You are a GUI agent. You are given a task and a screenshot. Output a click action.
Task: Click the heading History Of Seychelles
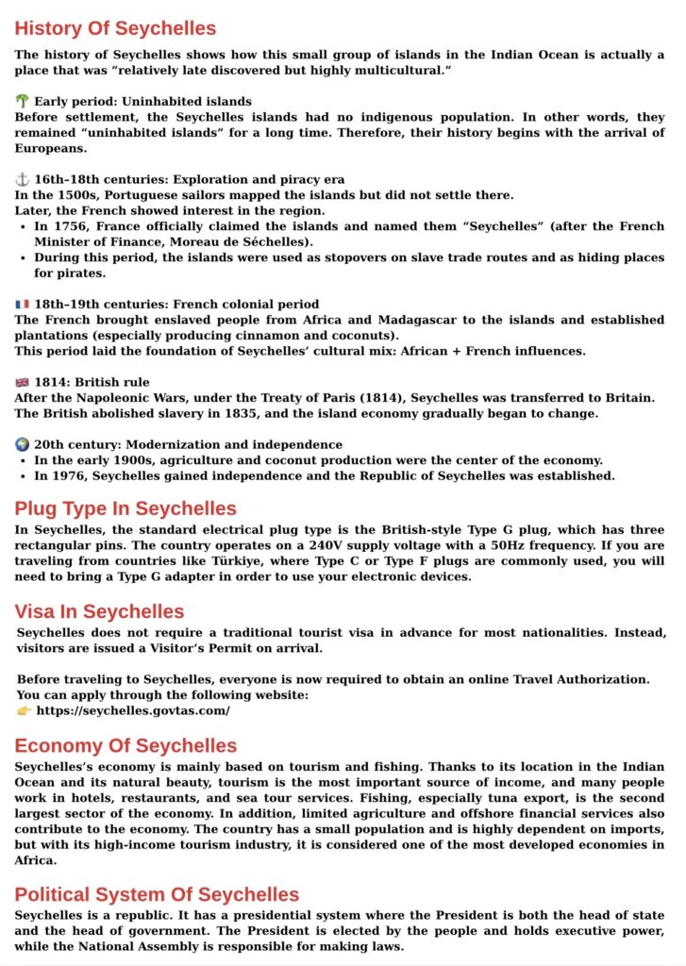click(x=115, y=28)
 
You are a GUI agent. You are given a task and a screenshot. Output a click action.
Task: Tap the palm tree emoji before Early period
click(x=23, y=101)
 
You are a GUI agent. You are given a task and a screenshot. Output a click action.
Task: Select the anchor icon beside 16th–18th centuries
click(x=23, y=179)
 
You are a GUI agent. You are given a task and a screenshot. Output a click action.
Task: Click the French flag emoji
click(x=23, y=304)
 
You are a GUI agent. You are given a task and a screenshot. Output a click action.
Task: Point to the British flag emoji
click(x=23, y=382)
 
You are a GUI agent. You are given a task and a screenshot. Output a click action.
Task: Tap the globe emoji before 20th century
click(x=23, y=444)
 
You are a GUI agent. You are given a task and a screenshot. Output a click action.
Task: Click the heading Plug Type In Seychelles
click(x=125, y=509)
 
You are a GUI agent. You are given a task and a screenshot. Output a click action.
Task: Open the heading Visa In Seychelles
click(x=99, y=611)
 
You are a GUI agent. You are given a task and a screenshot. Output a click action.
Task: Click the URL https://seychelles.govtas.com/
click(x=132, y=710)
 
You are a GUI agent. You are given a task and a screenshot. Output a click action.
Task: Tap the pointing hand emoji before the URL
click(x=25, y=710)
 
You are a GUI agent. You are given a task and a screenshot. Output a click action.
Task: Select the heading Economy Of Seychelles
click(x=125, y=746)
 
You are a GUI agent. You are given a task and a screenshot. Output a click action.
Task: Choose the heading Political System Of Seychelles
click(x=157, y=894)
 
